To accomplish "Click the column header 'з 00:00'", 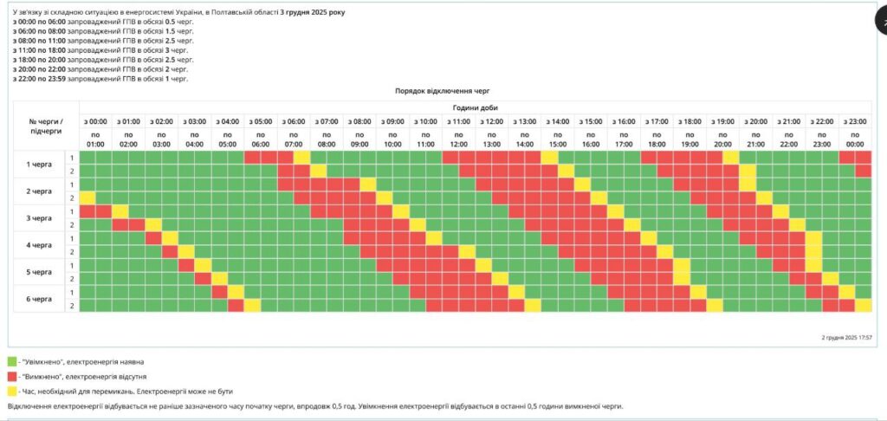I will coord(96,121).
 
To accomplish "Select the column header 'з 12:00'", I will coord(491,121).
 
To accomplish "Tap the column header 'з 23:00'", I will coord(855,121).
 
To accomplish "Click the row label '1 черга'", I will coord(39,164).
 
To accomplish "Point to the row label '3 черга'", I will coord(39,218).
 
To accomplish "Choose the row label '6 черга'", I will coord(39,299).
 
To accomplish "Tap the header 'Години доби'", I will coord(476,107).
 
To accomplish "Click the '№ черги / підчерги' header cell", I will coord(46,127).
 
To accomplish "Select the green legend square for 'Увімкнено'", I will coord(12,361).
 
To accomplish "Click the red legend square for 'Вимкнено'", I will coord(12,377).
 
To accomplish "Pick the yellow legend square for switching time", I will coord(12,392).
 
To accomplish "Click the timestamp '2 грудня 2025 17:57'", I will coord(846,337).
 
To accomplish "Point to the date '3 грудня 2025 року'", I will coord(312,12).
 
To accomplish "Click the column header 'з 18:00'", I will coord(690,121).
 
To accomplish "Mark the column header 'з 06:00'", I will coord(294,121).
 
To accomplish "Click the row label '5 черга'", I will coord(39,272).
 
